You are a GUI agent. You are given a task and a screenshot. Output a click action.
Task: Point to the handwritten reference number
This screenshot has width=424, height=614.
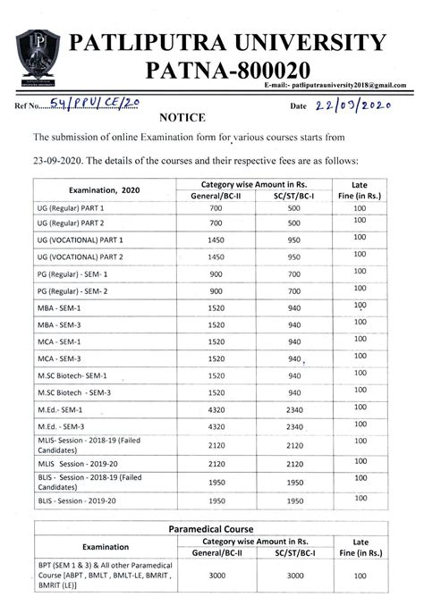[x=95, y=105]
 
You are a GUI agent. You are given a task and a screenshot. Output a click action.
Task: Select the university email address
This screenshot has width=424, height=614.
[x=335, y=85]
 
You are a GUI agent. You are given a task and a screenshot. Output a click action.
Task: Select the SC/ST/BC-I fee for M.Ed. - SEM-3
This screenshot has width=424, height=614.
[x=294, y=427]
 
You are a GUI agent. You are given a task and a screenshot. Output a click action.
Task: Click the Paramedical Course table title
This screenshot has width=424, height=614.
[x=211, y=530]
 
